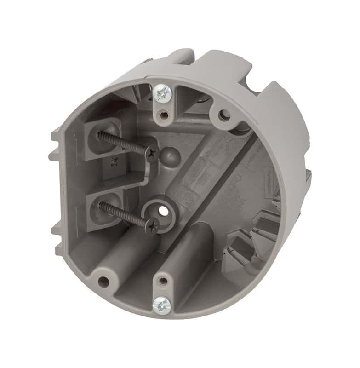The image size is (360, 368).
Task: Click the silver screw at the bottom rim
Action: [161, 305]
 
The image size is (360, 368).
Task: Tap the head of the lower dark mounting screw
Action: [152, 224]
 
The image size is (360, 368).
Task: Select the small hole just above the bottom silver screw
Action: [162, 281]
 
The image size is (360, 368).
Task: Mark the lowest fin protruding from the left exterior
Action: [59, 248]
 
